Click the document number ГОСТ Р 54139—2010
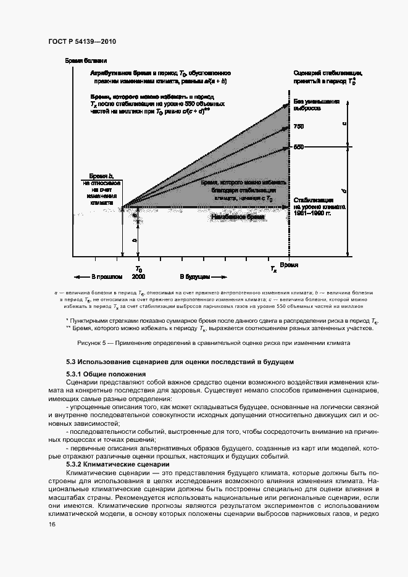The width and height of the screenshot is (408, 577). (x=81, y=41)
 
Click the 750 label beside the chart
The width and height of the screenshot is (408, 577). (x=299, y=127)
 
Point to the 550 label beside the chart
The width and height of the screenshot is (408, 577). (x=299, y=147)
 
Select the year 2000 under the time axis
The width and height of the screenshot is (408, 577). (x=138, y=277)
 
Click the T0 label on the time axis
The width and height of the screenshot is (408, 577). (x=139, y=270)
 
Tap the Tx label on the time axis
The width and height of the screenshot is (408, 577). (x=273, y=269)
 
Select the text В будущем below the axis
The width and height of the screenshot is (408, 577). (x=196, y=277)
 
